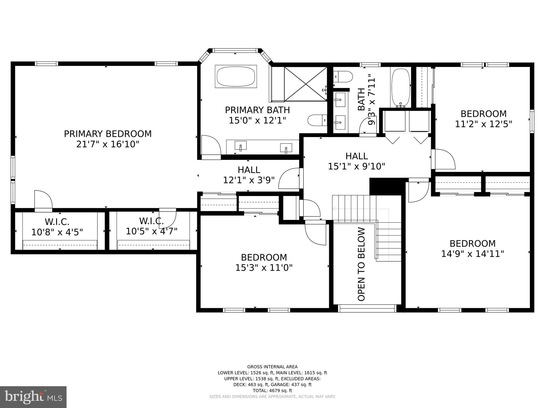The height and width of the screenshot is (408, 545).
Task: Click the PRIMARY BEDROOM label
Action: point(108,134)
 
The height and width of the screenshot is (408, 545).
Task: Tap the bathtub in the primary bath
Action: point(236,76)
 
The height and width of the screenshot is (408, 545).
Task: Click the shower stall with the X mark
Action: point(305,84)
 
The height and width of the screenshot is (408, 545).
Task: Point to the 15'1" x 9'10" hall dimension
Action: point(357,167)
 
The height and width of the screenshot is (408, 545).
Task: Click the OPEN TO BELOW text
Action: point(361,264)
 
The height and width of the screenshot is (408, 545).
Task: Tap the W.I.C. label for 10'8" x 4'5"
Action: point(57,222)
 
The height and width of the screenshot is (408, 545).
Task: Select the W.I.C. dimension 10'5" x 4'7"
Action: point(151,231)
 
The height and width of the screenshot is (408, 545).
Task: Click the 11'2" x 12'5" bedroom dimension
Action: point(484,124)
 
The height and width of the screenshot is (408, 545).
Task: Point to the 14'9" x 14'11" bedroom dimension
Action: point(473,254)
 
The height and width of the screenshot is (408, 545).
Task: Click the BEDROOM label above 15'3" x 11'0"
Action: point(264,257)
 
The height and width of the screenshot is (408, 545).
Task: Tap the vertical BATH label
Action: point(361,99)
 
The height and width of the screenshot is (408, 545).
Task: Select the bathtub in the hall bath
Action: point(401,88)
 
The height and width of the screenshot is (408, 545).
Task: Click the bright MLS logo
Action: point(33,397)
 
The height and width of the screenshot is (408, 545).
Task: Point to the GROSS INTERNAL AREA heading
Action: point(272,367)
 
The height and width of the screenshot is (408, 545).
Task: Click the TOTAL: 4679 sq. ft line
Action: point(272,390)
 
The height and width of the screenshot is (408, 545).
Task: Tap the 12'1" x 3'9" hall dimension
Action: point(249,180)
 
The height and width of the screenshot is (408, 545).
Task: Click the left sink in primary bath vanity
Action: point(241,146)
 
